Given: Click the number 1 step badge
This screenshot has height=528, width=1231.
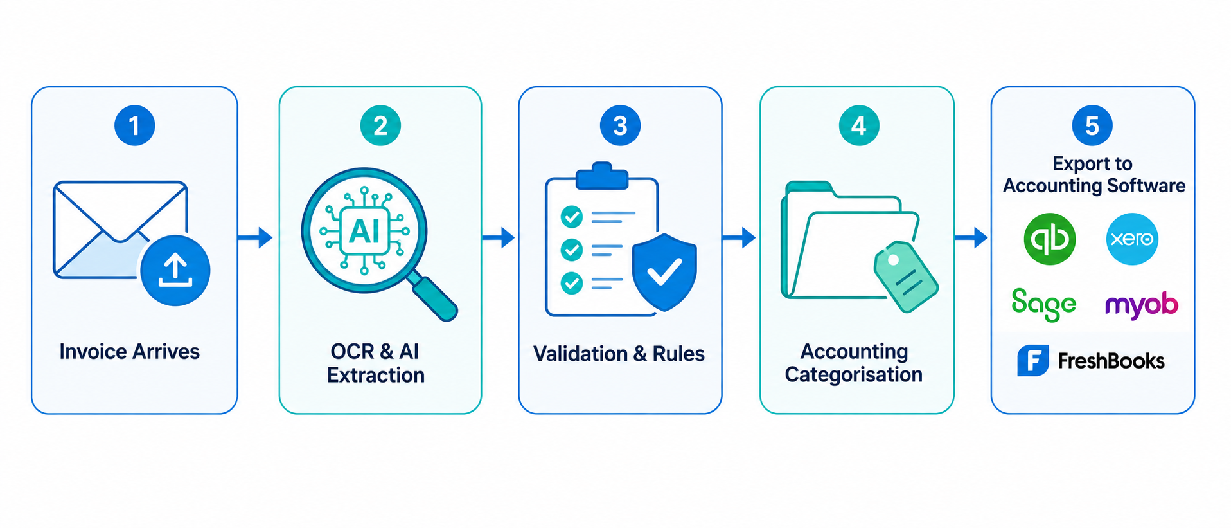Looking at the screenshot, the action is [x=134, y=125].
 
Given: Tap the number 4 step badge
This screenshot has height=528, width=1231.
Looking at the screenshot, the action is [x=858, y=125].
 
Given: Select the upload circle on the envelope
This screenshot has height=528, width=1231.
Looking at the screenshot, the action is [x=175, y=269].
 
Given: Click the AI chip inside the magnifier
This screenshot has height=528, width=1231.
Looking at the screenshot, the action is [x=364, y=230].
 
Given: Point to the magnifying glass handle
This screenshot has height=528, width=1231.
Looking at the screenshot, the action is [x=434, y=296].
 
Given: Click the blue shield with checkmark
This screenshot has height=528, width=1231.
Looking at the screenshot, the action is [x=664, y=271].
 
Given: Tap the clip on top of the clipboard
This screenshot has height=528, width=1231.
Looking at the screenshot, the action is [x=602, y=176].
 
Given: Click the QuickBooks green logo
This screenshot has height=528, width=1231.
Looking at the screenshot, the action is [x=1049, y=239].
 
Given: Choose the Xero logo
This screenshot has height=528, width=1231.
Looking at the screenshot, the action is [x=1132, y=239].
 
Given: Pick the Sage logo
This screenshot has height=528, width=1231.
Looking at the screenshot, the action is [x=1043, y=304].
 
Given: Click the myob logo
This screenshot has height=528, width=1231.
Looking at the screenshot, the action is [x=1142, y=305].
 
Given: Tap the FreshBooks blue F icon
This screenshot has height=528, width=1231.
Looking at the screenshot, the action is [x=1033, y=360].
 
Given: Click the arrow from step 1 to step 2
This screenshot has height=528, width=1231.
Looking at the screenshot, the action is [x=255, y=237].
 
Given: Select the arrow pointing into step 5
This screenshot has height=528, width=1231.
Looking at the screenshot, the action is [x=971, y=237].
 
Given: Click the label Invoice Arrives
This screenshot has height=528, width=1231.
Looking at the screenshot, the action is [x=130, y=351].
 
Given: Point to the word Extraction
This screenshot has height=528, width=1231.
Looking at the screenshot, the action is [x=376, y=375].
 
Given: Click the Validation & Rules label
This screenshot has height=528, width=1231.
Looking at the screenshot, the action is [x=619, y=353].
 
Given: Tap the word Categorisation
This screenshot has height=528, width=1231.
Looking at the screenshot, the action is [x=854, y=374].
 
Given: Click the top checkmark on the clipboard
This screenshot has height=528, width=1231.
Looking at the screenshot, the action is [x=572, y=217].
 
